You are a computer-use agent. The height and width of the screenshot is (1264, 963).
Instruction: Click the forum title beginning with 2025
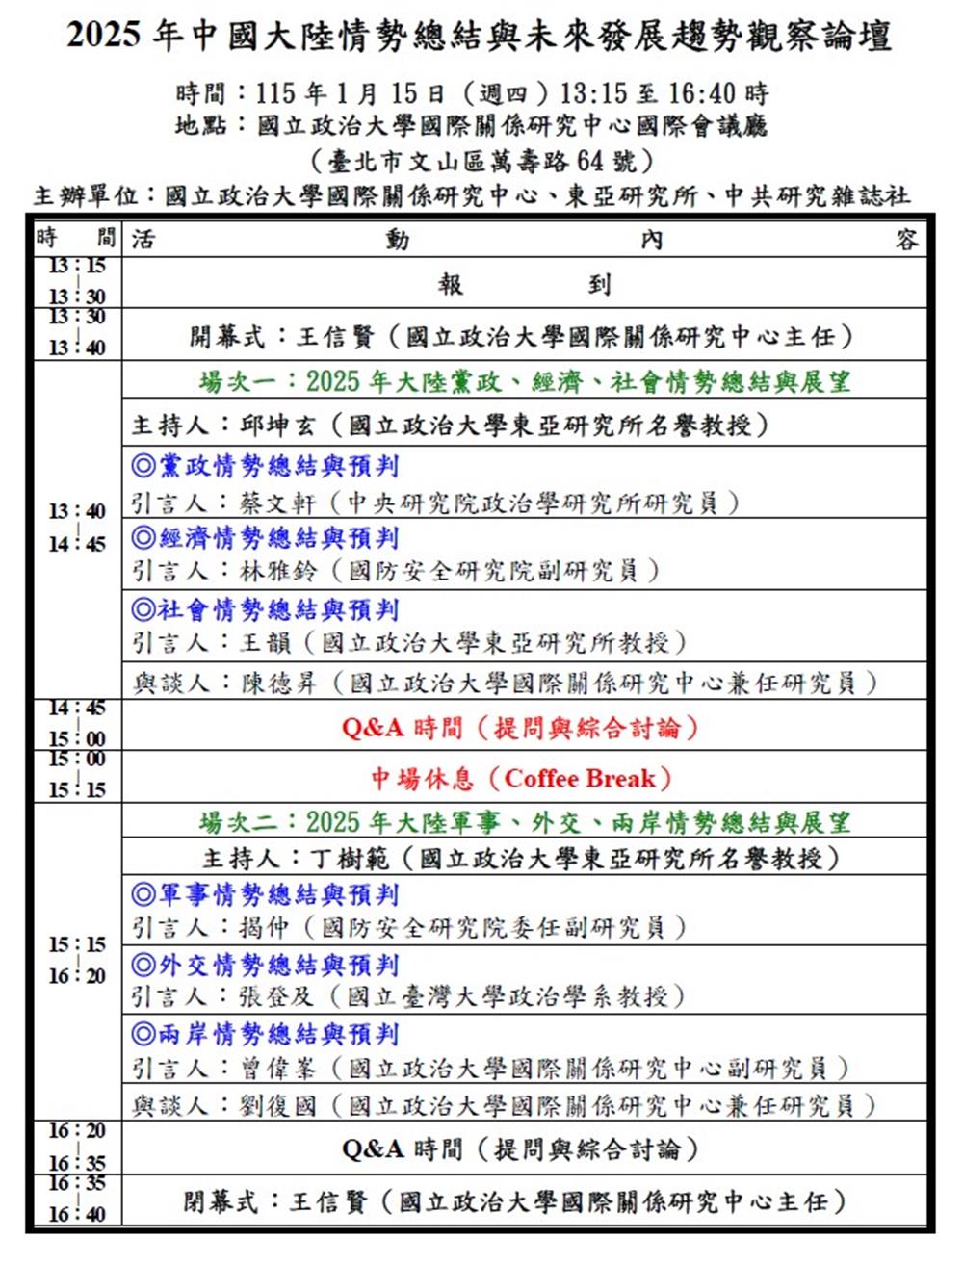479,37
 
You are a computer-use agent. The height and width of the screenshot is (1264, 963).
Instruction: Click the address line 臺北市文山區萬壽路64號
482,159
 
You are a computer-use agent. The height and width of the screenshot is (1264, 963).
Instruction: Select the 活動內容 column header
524,239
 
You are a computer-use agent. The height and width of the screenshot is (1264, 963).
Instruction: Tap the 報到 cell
524,284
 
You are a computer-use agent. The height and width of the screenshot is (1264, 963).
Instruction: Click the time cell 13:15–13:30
77,281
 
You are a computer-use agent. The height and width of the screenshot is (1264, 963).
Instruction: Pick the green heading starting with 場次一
525,382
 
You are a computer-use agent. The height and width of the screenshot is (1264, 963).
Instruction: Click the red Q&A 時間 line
520,728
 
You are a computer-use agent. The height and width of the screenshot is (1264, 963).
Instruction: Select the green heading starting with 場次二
525,823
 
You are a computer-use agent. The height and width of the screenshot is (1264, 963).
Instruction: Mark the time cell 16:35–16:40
77,1199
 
